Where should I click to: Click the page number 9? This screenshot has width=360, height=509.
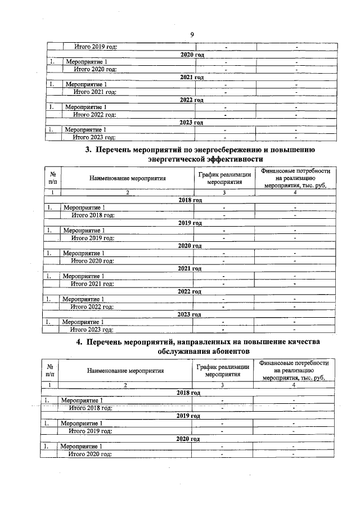pos(192,35)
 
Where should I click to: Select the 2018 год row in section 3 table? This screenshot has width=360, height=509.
pos(190,200)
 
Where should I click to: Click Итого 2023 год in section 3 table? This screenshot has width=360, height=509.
pos(92,330)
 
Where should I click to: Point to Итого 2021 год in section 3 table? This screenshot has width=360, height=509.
pos(92,283)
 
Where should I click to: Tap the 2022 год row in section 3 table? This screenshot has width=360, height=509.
pos(189,291)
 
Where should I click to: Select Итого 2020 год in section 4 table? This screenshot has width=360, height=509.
pos(90,453)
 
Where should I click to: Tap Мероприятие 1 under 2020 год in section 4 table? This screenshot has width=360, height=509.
pos(82,446)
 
